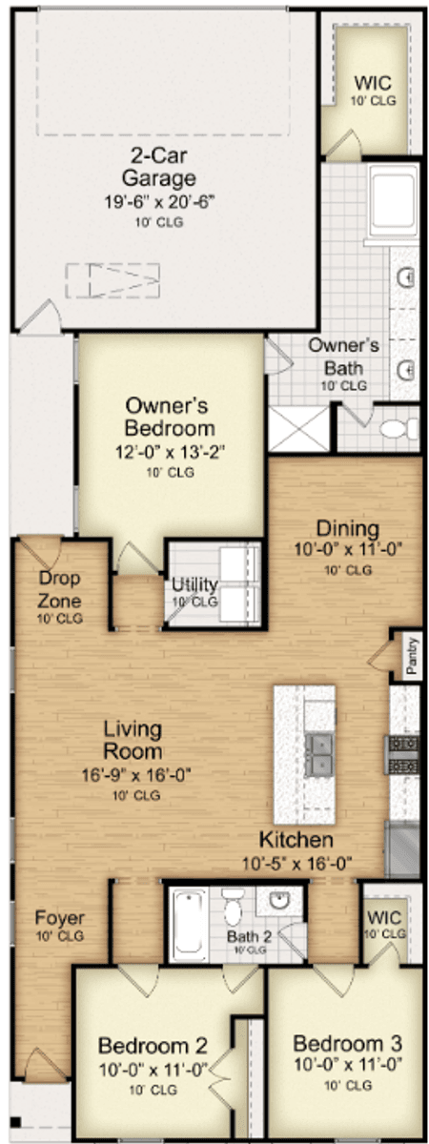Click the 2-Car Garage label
tap(158, 167)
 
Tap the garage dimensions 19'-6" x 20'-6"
tap(159, 201)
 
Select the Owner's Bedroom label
tap(169, 417)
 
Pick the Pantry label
tap(412, 656)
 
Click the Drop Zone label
tap(59, 589)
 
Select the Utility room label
tap(194, 584)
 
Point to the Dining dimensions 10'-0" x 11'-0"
tap(348, 549)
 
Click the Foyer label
tap(60, 918)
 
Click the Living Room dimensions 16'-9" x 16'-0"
tap(136, 775)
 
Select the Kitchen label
tap(296, 840)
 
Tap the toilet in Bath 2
tap(234, 906)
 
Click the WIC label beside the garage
tap(374, 83)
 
